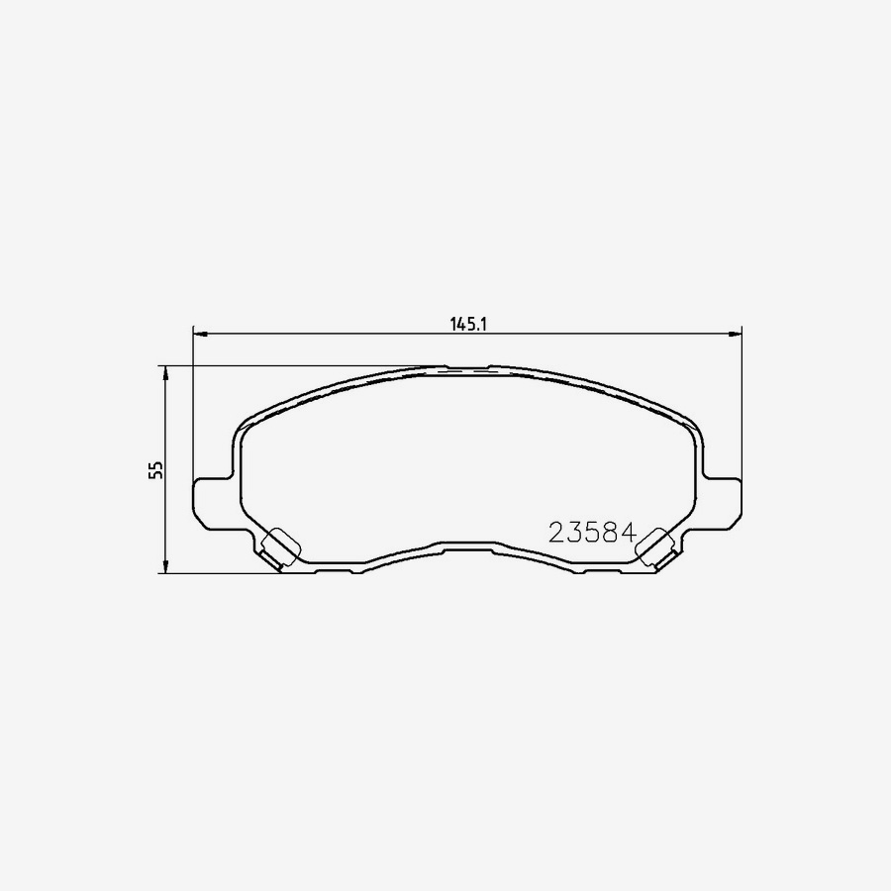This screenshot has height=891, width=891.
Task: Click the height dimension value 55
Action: click(154, 469)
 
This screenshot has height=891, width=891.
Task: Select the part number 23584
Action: click(591, 533)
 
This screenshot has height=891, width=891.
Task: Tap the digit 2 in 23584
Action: click(557, 533)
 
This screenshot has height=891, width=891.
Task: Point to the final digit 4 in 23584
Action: click(625, 533)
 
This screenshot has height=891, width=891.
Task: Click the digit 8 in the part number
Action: click(608, 533)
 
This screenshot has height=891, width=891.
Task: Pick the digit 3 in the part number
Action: click(574, 533)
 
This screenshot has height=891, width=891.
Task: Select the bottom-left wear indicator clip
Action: click(282, 546)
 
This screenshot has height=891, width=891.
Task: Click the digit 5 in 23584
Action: click(591, 533)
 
